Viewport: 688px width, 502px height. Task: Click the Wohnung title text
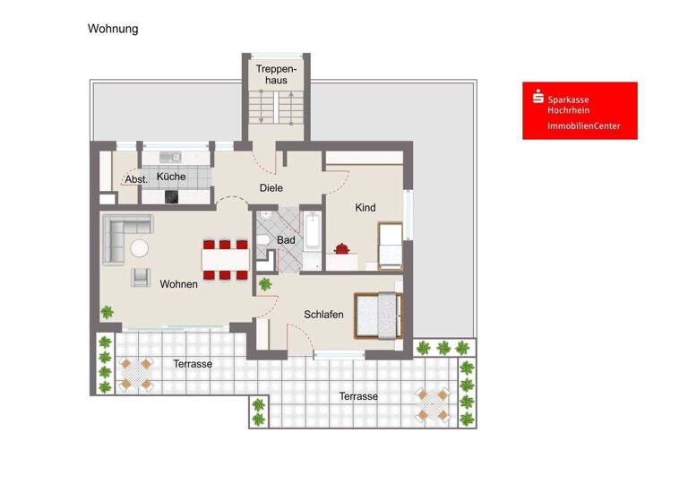tap(113, 29)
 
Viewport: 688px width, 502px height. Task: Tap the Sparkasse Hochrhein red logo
tap(580, 110)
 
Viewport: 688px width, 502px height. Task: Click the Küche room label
tap(171, 177)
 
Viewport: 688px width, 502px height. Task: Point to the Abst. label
tap(136, 179)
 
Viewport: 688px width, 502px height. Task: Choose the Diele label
tap(271, 188)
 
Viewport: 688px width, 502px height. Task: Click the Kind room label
tap(365, 208)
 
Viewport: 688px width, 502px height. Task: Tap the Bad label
tap(286, 240)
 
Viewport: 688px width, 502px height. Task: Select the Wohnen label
tap(179, 284)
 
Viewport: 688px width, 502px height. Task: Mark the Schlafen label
tap(323, 314)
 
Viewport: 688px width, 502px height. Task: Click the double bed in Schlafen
tap(377, 315)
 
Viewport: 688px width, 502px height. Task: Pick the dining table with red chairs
tap(226, 259)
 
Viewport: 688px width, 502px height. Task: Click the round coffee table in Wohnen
tap(140, 247)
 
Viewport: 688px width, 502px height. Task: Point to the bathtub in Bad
tap(312, 231)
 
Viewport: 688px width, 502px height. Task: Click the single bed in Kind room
tap(391, 247)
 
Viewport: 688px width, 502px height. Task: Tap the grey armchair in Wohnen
tap(141, 278)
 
